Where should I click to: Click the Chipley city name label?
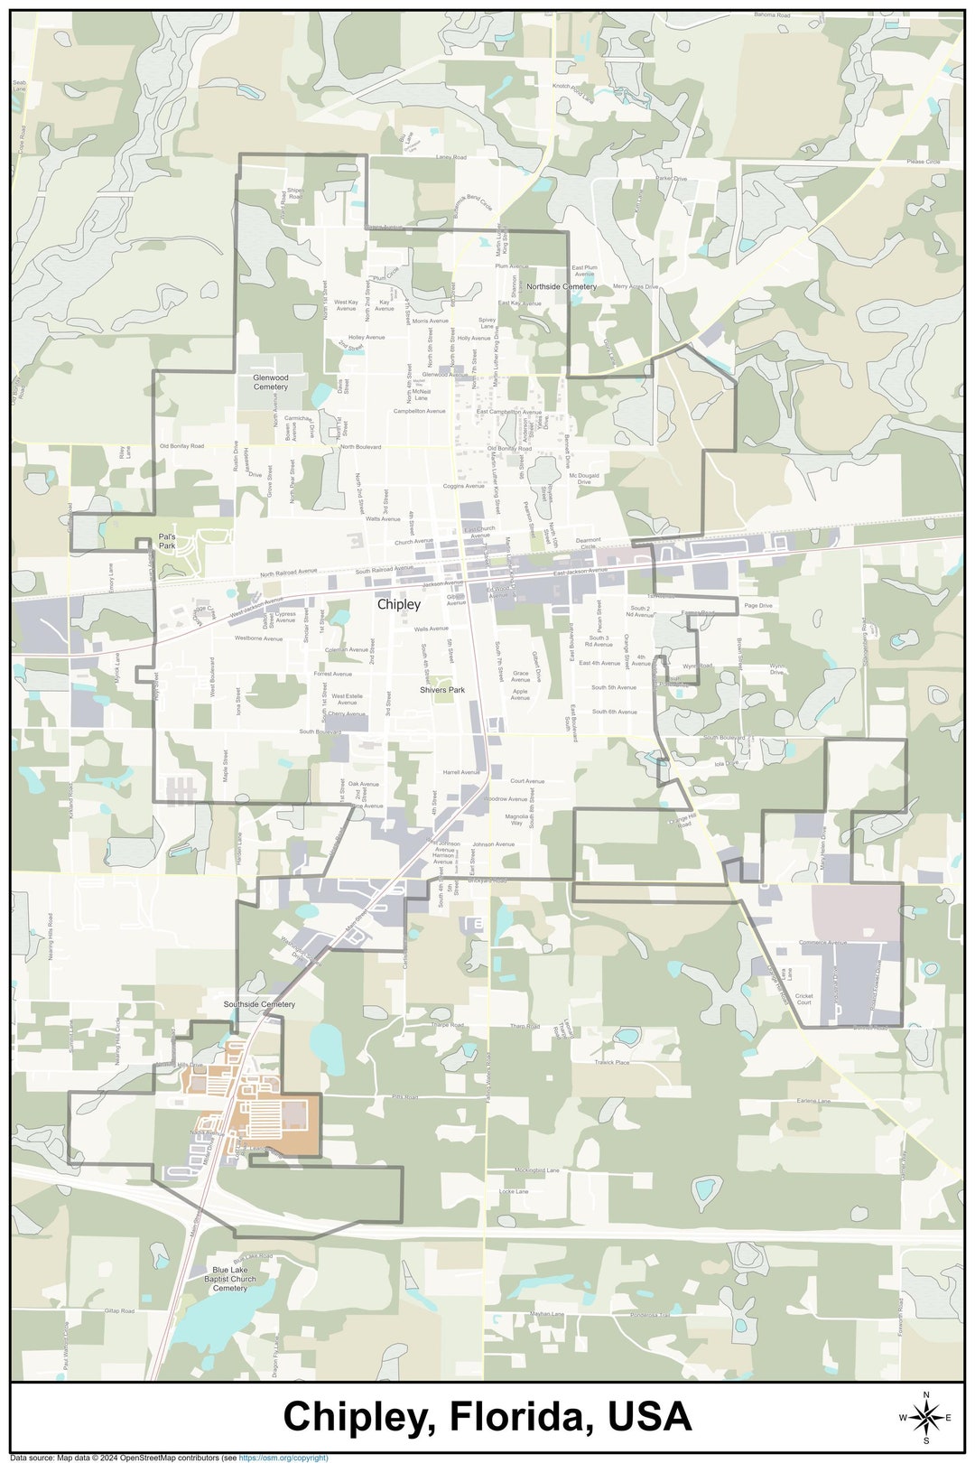pyautogui.click(x=398, y=604)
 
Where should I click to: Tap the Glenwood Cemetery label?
pyautogui.click(x=270, y=382)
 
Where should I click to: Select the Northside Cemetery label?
pyautogui.click(x=562, y=286)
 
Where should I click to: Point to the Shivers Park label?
pyautogui.click(x=441, y=690)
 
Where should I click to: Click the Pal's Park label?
pyautogui.click(x=167, y=541)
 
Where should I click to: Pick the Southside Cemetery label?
pyautogui.click(x=259, y=1004)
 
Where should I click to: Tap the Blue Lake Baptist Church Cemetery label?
pyautogui.click(x=229, y=1279)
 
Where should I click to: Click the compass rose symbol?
pyautogui.click(x=925, y=1417)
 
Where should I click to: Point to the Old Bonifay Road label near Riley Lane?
pyautogui.click(x=181, y=446)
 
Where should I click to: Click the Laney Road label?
pyautogui.click(x=450, y=157)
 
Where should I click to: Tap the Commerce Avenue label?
pyautogui.click(x=822, y=943)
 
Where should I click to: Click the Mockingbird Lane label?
pyautogui.click(x=537, y=1169)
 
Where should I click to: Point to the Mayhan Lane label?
pyautogui.click(x=547, y=1314)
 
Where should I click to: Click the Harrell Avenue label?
pyautogui.click(x=461, y=772)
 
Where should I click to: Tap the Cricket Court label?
pyautogui.click(x=803, y=1000)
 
